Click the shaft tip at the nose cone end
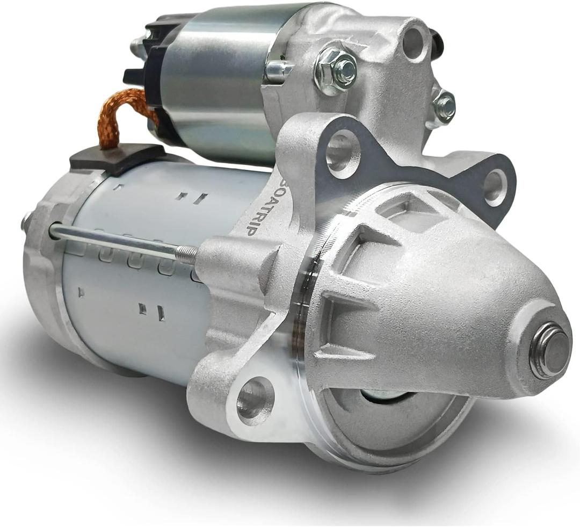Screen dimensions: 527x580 pos(548,350)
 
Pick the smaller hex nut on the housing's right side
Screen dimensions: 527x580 pos(444,106)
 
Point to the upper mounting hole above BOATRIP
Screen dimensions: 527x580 pos(343,154)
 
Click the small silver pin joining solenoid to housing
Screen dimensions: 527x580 pos(279,70)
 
